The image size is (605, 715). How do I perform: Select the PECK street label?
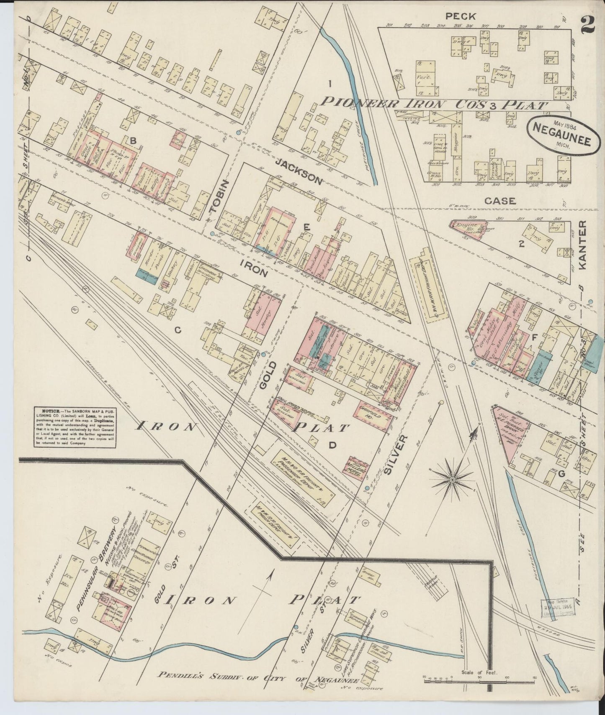[461, 17]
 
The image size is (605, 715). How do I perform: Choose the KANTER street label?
[584, 245]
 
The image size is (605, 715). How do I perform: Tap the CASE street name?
[500, 201]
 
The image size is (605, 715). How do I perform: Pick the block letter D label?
[332, 446]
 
